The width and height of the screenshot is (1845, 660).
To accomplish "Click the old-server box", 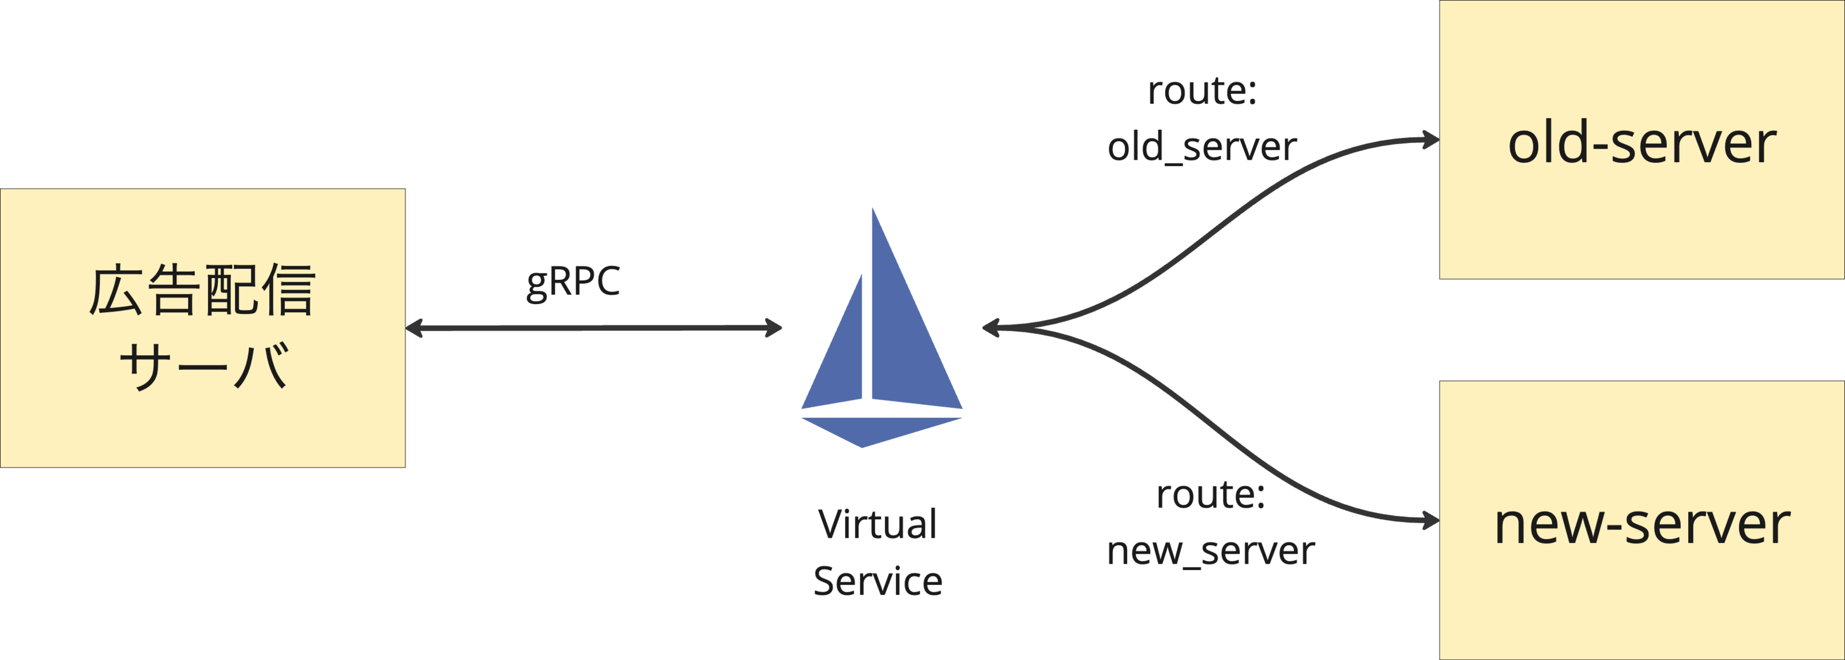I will [1641, 140].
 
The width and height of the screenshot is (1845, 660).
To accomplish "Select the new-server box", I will [1641, 521].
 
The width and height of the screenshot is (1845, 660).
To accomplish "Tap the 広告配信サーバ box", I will [203, 328].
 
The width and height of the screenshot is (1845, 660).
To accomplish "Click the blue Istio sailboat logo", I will [881, 329].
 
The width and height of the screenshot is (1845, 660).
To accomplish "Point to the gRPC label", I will [573, 282].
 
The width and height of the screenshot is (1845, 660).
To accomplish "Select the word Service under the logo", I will [878, 580].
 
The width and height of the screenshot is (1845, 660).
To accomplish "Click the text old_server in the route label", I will [1202, 148].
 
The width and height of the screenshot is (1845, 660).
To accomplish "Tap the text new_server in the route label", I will [1210, 552].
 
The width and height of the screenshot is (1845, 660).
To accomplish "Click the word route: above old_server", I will [1202, 92].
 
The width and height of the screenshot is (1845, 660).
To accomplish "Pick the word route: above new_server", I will [1210, 495].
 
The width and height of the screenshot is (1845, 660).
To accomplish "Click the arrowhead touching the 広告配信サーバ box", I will [414, 328].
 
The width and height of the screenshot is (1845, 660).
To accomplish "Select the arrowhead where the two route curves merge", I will [991, 328].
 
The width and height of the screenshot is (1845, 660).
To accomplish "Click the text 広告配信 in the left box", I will [203, 291].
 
